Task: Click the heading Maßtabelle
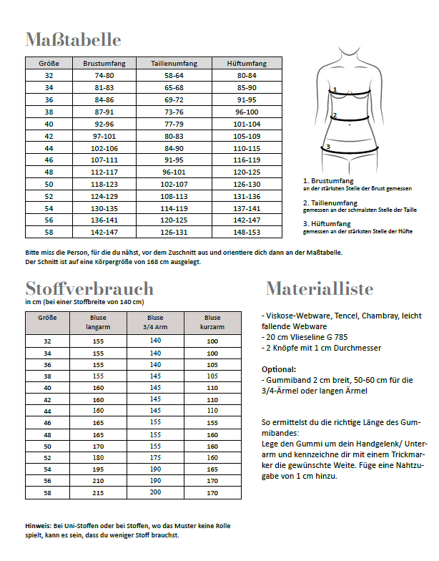73,39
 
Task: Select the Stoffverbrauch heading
89,289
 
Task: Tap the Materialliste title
320,289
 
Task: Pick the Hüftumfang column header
247,64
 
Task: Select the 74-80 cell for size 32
104,75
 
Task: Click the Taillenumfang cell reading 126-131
174,232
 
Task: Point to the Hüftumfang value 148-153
247,232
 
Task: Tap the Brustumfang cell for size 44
104,147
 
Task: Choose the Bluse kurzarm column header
212,322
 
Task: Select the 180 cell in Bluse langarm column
98,457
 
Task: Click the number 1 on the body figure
334,89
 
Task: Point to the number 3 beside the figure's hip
327,147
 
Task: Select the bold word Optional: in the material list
278,369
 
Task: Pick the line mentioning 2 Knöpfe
322,348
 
